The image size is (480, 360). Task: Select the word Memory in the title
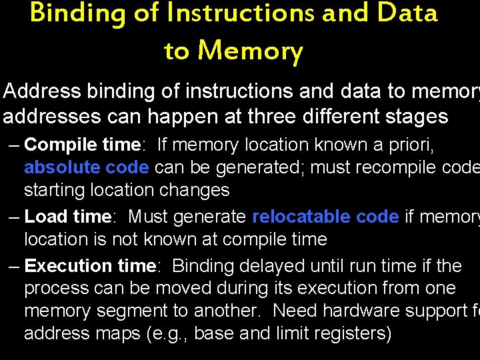click(x=251, y=50)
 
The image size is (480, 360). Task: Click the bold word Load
click(x=45, y=217)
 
